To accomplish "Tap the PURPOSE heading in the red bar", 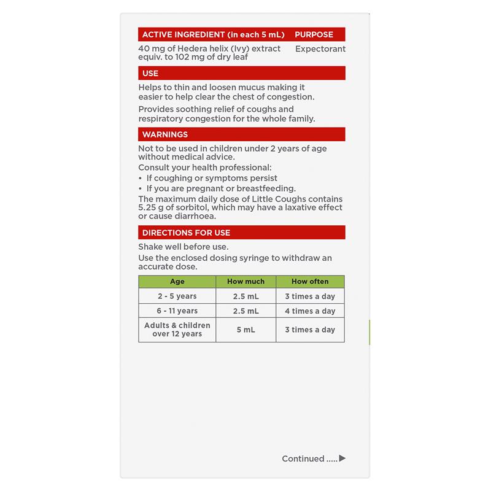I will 314,34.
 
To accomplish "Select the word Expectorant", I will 320,48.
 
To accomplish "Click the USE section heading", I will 150,73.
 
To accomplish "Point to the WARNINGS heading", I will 165,134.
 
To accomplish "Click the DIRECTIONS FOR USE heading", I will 187,233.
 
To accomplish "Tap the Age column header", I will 177,282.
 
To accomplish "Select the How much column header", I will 245,282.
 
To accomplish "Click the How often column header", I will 310,282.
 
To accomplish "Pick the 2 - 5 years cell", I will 177,296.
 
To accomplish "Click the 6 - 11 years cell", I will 177,311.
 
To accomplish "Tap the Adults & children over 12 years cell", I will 177,330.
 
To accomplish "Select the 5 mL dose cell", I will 245,330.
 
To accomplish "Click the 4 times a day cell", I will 310,311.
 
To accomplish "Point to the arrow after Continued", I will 342,458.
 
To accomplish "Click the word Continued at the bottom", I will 303,458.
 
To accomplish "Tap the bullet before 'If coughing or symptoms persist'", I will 141,178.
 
